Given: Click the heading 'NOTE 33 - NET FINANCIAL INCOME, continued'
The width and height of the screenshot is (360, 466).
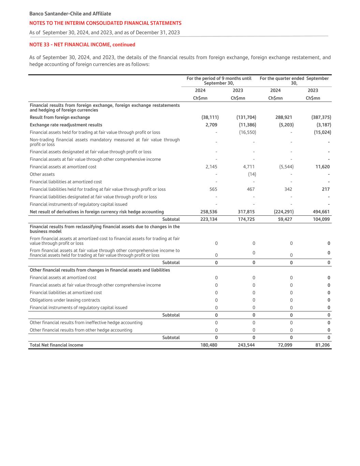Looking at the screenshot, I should [82, 45].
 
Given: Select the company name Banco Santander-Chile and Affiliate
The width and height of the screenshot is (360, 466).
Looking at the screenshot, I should [70, 14].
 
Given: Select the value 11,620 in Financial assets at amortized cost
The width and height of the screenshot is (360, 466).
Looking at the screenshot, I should [322, 167].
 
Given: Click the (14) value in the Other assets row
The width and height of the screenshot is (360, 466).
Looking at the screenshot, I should [252, 174].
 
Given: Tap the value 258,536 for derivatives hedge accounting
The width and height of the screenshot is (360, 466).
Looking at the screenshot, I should [208, 212].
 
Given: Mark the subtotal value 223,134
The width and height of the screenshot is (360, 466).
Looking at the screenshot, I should [208, 220].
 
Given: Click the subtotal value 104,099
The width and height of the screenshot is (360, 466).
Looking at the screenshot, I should [321, 220].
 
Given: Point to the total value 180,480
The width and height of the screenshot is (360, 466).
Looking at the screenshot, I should [208, 345].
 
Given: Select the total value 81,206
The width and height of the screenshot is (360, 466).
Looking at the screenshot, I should [322, 345].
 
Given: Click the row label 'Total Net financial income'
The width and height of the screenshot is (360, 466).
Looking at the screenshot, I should [56, 345].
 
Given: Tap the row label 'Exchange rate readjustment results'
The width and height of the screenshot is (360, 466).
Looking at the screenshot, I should [66, 125].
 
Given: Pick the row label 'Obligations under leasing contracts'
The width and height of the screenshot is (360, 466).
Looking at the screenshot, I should [65, 300].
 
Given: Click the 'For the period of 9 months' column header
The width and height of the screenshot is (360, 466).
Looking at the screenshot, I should [219, 81].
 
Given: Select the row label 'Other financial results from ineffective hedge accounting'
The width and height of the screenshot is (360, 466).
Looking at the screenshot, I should [86, 323].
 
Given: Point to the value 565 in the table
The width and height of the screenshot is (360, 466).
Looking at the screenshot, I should [213, 189].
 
